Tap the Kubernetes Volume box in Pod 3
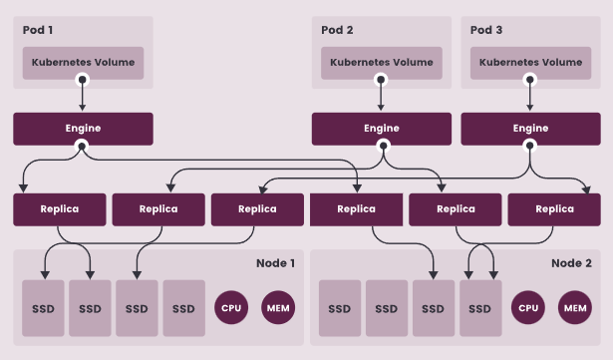click(529, 62)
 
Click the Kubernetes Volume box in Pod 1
click(83, 62)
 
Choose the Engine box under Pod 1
click(83, 129)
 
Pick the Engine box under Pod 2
click(381, 129)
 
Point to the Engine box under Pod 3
click(529, 129)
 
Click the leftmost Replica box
click(59, 209)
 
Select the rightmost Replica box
click(554, 209)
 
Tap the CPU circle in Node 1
click(232, 308)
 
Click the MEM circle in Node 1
click(278, 308)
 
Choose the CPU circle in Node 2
click(528, 308)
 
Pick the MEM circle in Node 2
click(575, 308)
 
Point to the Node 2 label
click(571, 263)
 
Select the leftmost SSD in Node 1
click(43, 308)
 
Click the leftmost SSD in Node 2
click(339, 308)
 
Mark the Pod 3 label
click(487, 30)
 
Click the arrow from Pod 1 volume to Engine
click(83, 96)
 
